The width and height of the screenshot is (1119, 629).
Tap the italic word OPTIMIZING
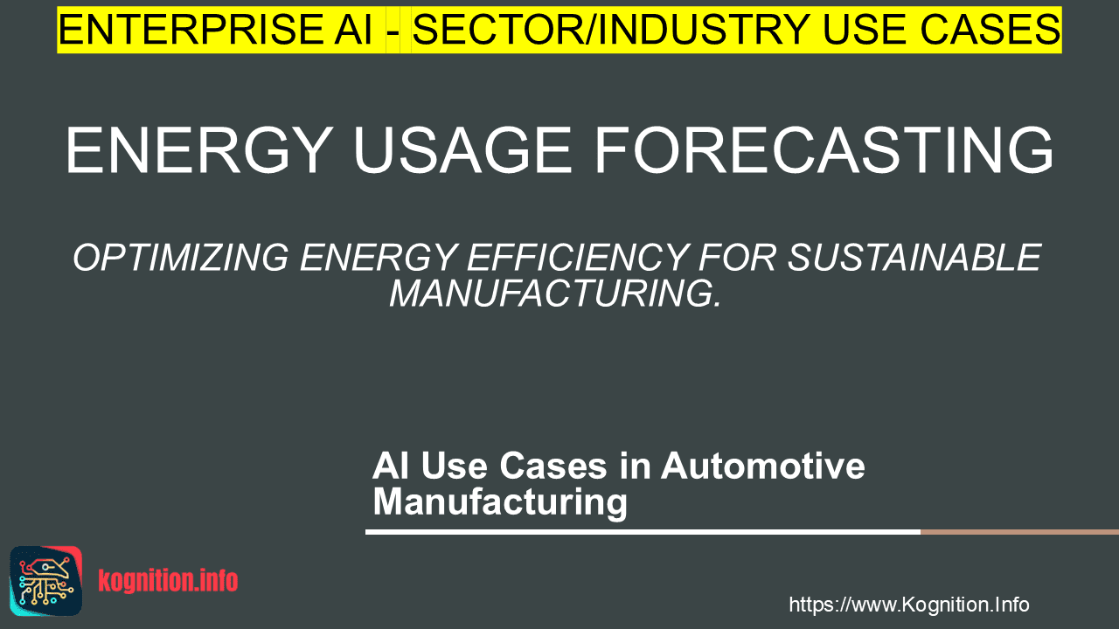[181, 258]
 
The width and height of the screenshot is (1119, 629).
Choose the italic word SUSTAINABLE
[915, 258]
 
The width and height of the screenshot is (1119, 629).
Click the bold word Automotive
[763, 466]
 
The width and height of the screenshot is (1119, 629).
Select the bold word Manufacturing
[500, 502]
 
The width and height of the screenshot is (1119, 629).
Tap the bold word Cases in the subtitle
[553, 466]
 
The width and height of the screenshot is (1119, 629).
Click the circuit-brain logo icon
[46, 581]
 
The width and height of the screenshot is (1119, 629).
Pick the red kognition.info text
[168, 581]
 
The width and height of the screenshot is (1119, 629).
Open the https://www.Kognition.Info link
[909, 605]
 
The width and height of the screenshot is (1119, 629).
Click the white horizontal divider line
[643, 532]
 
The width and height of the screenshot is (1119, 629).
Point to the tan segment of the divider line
[1019, 532]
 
